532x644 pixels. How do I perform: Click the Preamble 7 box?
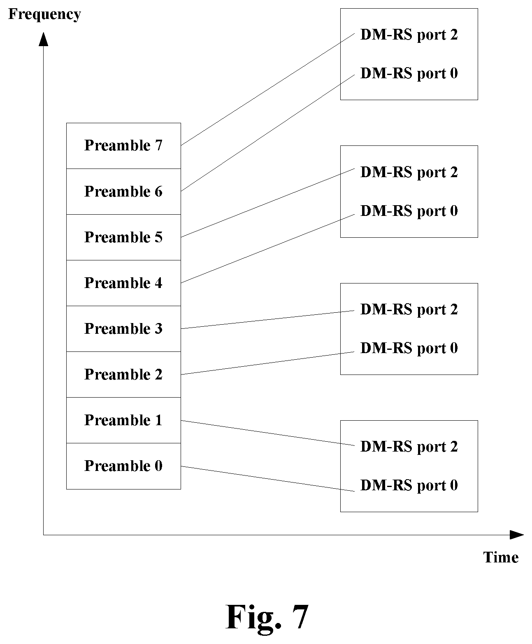123,146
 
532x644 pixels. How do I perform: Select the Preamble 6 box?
123,192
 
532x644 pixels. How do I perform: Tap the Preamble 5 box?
123,237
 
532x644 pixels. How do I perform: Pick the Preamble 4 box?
123,283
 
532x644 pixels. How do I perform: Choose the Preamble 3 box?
123,329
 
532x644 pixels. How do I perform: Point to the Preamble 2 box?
123,375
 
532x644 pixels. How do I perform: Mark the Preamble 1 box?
123,420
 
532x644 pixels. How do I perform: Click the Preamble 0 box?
123,466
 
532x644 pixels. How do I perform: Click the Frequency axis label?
45,14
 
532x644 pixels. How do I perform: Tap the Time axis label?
501,557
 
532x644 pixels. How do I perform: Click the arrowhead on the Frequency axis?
44,39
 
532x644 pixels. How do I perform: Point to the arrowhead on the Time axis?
517,535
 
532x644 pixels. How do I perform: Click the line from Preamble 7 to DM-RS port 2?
268,89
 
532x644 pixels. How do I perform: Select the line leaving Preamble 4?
268,248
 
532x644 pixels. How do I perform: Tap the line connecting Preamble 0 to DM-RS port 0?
268,479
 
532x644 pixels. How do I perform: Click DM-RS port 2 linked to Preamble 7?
409,35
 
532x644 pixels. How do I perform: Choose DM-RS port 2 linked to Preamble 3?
409,310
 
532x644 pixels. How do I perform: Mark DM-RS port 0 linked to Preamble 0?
409,485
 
